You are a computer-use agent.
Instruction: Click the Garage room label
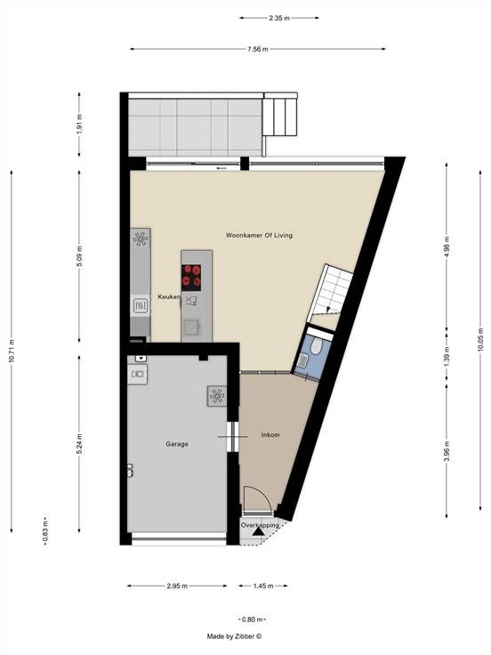coord(177,444)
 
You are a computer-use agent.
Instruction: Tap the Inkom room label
coord(270,435)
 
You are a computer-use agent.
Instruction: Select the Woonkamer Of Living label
coord(259,235)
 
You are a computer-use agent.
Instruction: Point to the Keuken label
coord(169,297)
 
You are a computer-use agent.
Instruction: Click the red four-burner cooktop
coord(191,278)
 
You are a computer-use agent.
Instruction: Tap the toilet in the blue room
coord(316,345)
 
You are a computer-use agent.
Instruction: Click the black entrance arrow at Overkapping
coord(258,531)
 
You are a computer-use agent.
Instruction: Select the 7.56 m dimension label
coord(257,49)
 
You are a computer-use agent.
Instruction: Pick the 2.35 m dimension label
coord(279,18)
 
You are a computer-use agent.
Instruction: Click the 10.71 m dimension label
coord(12,351)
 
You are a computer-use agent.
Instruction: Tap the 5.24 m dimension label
coord(79,445)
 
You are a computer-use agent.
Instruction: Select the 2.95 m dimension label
coord(177,586)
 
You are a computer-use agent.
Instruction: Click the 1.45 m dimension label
coord(263,586)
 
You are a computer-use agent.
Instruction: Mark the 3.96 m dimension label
coord(447,451)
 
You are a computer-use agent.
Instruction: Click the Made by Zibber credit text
coord(234,636)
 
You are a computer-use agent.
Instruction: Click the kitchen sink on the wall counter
coord(141,306)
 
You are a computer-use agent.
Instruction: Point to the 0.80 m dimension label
coord(252,619)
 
